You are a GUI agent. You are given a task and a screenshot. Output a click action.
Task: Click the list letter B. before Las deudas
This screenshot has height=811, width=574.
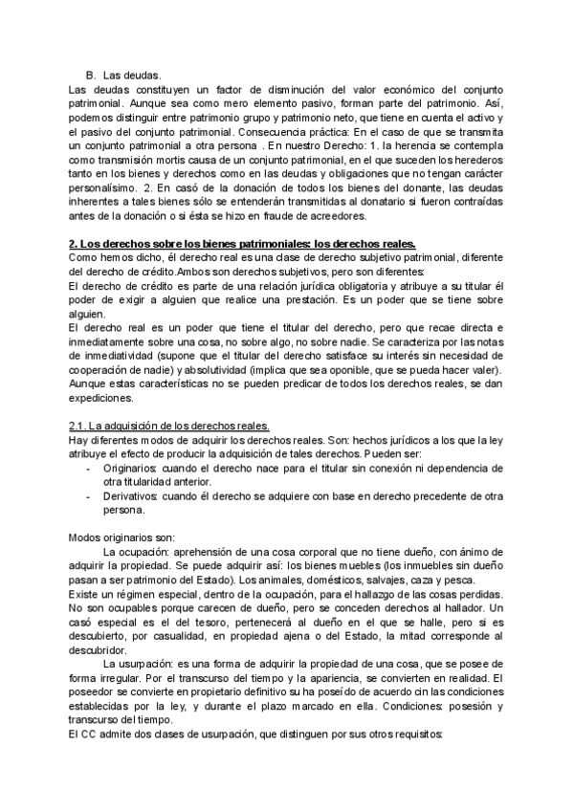[90, 74]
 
